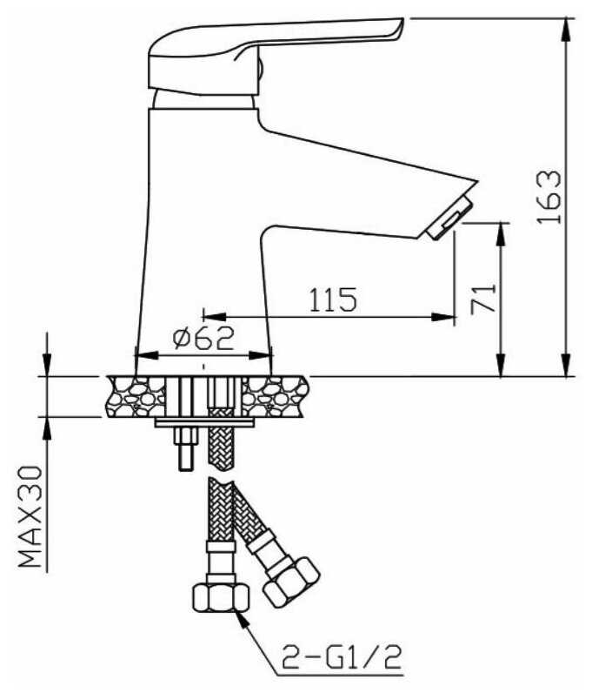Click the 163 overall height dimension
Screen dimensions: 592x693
point(549,197)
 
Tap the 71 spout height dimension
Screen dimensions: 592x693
point(483,299)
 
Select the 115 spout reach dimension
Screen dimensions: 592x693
point(332,299)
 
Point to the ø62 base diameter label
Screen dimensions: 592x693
point(203,338)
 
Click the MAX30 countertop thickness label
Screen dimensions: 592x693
point(30,516)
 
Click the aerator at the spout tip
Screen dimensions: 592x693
point(449,218)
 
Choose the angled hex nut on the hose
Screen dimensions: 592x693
point(291,582)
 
